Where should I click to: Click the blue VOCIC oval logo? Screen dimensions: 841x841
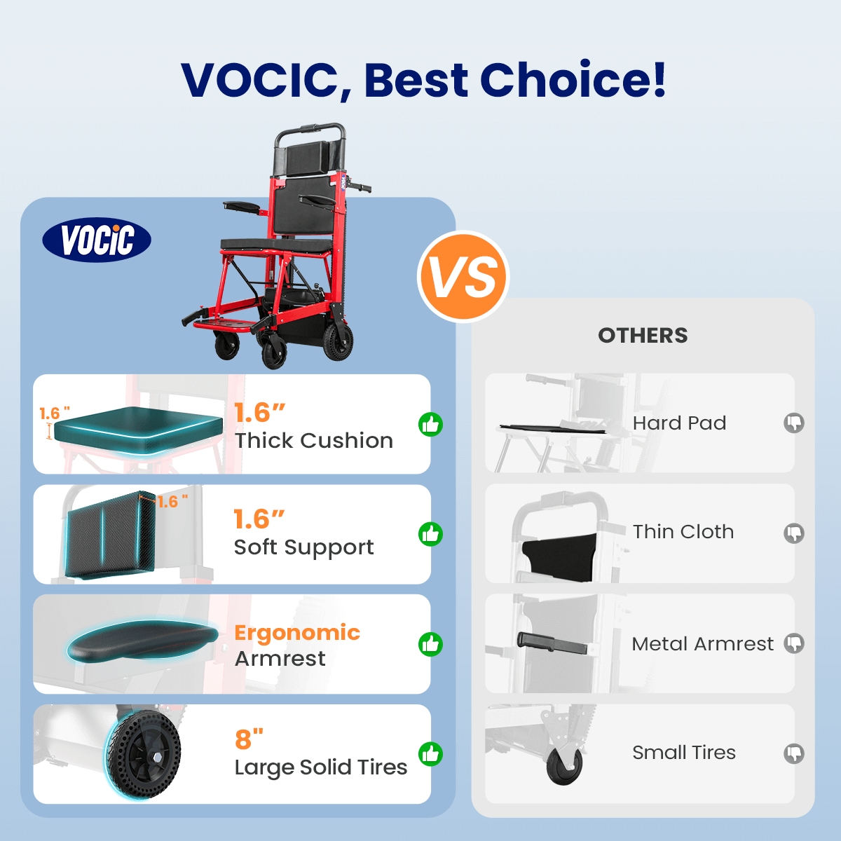coord(97,240)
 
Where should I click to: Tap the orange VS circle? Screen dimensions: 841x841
coord(463,277)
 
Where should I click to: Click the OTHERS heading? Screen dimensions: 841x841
coord(643,336)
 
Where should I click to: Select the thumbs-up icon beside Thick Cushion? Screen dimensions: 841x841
coord(430,424)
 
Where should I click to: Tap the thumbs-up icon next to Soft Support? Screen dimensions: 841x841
coord(430,534)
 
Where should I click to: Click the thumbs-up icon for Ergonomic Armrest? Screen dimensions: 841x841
coord(430,644)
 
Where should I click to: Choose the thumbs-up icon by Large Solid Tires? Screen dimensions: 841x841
coord(430,754)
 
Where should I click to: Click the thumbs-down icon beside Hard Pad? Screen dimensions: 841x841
coord(794,423)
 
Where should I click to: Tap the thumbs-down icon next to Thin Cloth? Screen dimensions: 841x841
coord(794,533)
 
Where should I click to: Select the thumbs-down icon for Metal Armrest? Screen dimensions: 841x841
coord(794,643)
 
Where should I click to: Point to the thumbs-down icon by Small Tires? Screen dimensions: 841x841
coord(794,753)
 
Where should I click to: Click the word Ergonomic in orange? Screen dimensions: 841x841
coord(297,634)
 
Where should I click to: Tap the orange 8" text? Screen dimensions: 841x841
coord(249,739)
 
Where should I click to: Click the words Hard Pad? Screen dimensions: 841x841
coord(679,423)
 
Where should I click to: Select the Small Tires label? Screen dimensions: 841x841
coord(684,753)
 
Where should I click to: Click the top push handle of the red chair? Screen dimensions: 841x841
coord(310,129)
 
